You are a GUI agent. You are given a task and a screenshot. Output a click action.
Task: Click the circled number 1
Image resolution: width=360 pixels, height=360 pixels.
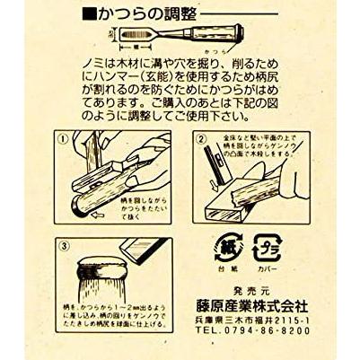[x=62, y=141]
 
